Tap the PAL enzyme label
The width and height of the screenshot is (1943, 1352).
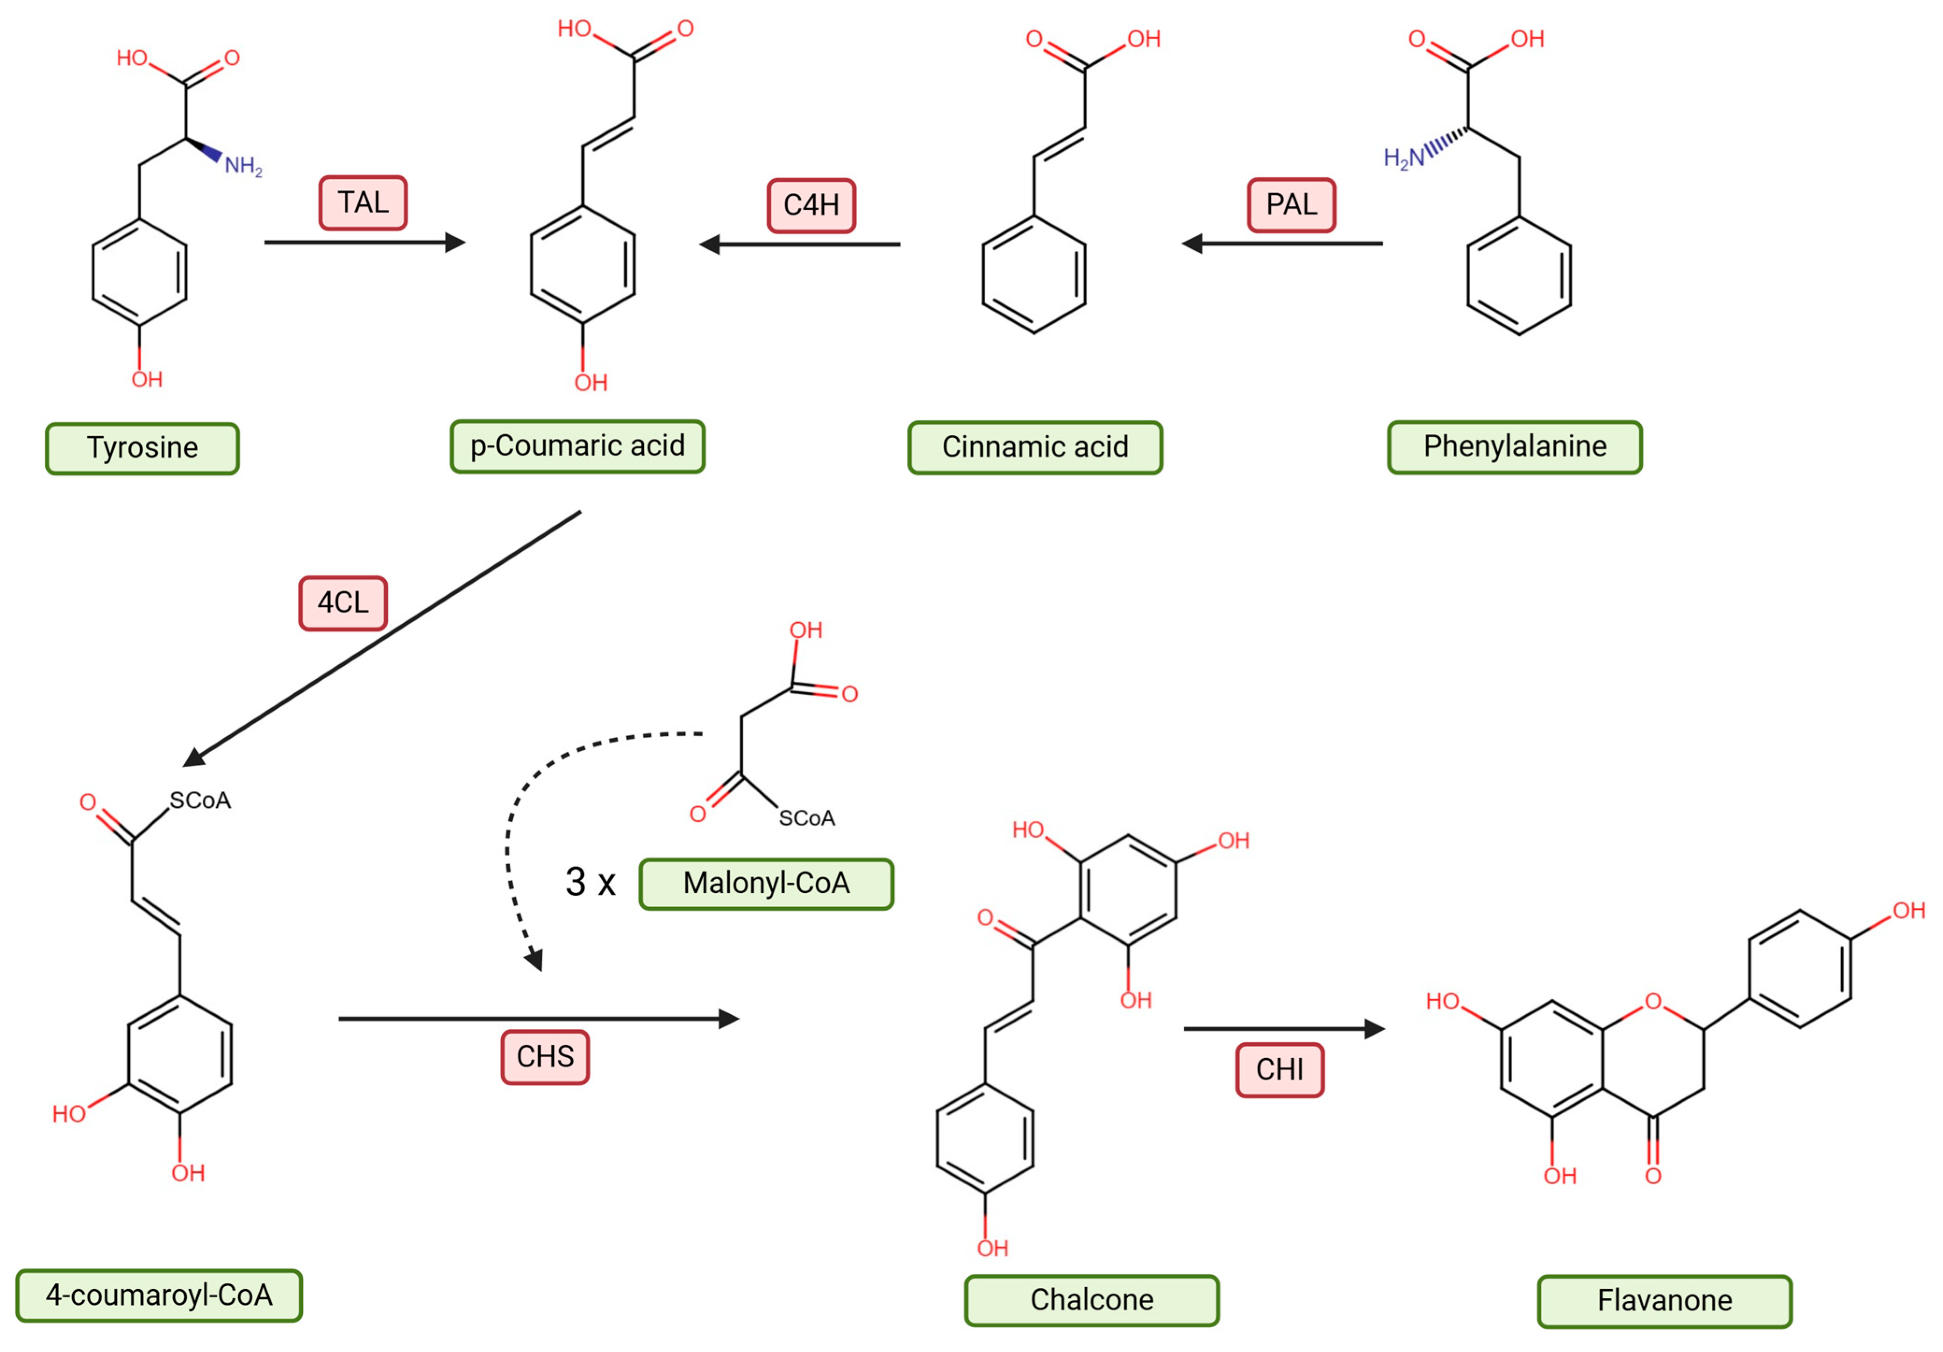(1291, 205)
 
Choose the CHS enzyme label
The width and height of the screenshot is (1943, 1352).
(545, 1057)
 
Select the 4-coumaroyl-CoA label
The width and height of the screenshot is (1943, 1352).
(159, 1295)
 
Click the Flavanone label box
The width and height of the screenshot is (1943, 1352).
(1665, 1301)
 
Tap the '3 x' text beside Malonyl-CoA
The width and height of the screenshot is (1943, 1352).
(590, 882)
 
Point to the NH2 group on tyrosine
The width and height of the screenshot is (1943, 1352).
(243, 166)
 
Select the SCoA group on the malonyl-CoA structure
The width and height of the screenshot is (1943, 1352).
(806, 818)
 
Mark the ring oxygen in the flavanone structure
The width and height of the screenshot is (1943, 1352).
(1653, 1002)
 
